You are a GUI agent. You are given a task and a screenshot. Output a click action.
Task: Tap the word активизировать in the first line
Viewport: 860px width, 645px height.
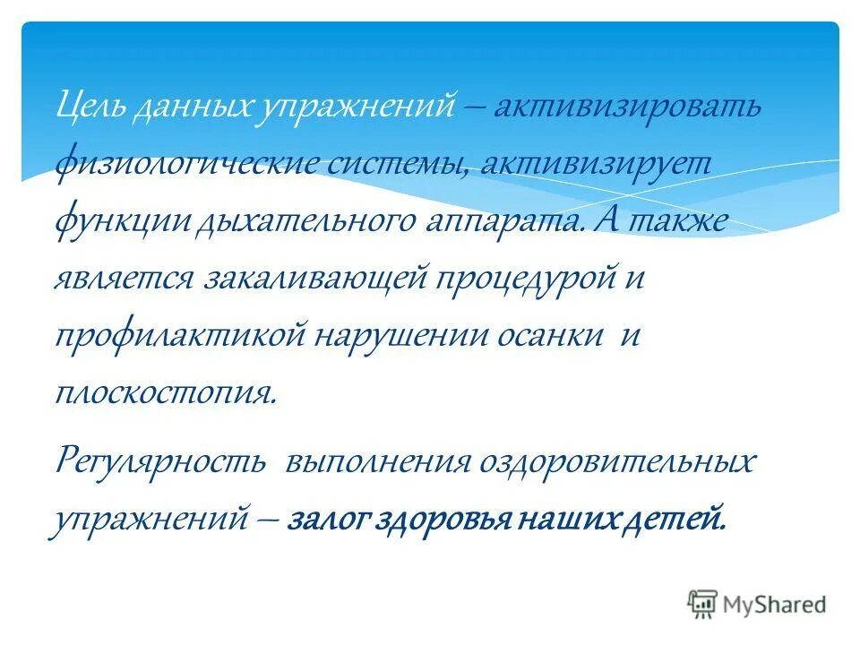(627, 108)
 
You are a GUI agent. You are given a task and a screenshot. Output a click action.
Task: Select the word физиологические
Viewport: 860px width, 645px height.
(171, 165)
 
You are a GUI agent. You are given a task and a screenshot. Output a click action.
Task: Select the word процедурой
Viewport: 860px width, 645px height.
(520, 278)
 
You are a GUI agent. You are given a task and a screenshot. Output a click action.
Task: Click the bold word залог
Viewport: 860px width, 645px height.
(331, 520)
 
